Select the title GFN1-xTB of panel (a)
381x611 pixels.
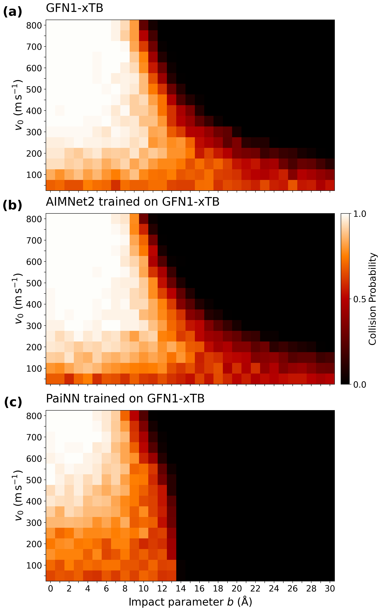pyautogui.click(x=75, y=8)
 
